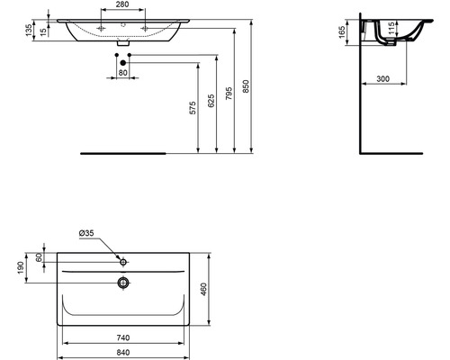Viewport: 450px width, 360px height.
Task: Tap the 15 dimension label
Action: (44, 32)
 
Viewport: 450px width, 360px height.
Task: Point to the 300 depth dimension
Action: (382, 80)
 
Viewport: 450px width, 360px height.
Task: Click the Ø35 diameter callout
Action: (87, 234)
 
